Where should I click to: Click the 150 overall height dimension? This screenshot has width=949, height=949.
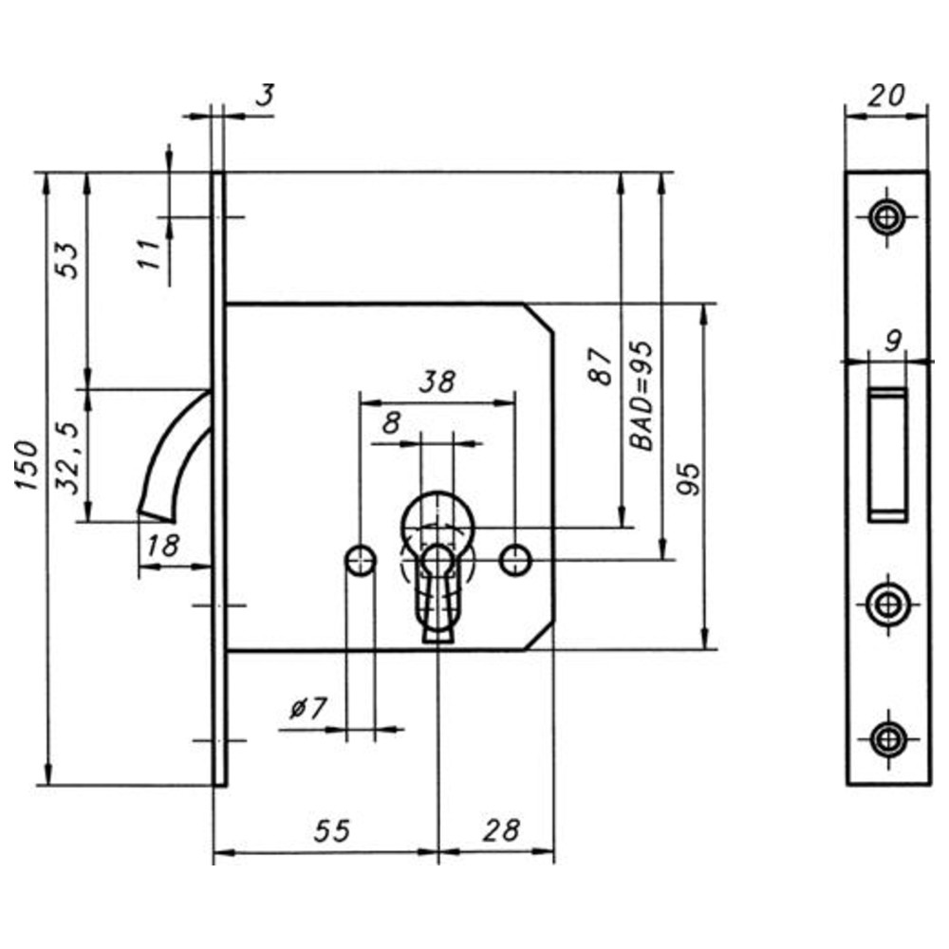click(28, 465)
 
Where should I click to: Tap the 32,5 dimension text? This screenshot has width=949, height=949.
click(67, 458)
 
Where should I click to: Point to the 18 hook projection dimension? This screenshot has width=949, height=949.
click(163, 546)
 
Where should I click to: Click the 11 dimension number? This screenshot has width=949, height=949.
click(148, 253)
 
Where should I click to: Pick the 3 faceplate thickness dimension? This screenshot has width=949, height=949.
click(265, 95)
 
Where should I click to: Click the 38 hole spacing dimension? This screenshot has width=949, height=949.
click(437, 381)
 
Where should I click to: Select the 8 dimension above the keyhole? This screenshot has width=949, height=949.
click(392, 423)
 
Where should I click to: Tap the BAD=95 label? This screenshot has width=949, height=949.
click(642, 396)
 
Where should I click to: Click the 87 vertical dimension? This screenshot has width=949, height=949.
click(601, 366)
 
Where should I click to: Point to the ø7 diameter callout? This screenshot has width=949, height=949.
click(308, 708)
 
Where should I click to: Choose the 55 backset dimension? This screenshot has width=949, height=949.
click(331, 830)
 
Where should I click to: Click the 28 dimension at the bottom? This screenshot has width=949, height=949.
click(501, 830)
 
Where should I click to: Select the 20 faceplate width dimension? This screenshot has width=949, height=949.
click(886, 96)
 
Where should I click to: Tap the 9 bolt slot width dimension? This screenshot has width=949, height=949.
click(893, 342)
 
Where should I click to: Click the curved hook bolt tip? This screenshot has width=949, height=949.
click(157, 515)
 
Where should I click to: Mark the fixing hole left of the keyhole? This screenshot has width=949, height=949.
click(361, 561)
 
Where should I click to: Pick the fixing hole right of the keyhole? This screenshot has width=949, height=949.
click(515, 561)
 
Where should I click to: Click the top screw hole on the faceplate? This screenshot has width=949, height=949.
click(886, 217)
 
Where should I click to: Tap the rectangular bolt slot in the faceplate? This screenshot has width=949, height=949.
click(888, 455)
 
